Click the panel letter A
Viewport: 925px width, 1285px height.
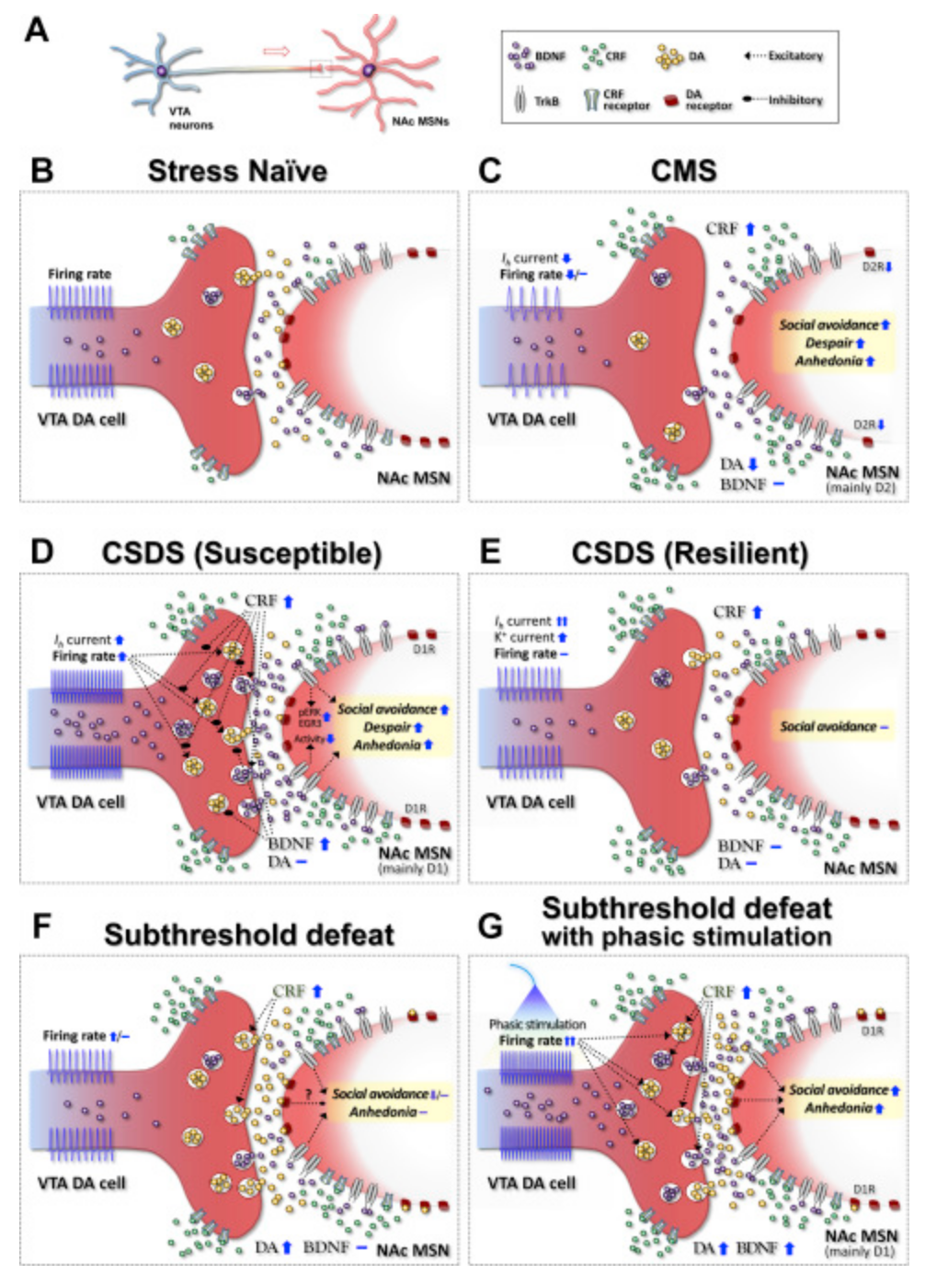click(x=36, y=30)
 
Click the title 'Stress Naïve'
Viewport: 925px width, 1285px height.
click(x=237, y=171)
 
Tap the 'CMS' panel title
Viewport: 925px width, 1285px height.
click(x=683, y=171)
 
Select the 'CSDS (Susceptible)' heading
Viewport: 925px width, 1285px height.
click(x=241, y=553)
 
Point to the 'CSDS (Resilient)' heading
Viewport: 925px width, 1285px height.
click(x=690, y=553)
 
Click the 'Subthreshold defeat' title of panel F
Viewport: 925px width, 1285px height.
click(x=249, y=935)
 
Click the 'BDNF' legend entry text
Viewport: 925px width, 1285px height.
click(x=550, y=56)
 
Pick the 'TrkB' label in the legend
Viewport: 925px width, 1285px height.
click(x=546, y=100)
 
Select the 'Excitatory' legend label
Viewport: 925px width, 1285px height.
click(x=795, y=56)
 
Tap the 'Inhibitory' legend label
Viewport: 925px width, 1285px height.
click(x=795, y=99)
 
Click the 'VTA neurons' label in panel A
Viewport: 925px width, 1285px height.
click(x=189, y=118)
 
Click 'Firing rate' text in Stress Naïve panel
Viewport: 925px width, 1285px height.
click(x=79, y=274)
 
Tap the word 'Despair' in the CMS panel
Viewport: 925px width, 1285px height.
click(x=828, y=343)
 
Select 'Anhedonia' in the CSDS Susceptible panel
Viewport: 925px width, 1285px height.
click(x=386, y=745)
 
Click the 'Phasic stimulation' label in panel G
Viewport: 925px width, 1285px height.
click(x=537, y=1024)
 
